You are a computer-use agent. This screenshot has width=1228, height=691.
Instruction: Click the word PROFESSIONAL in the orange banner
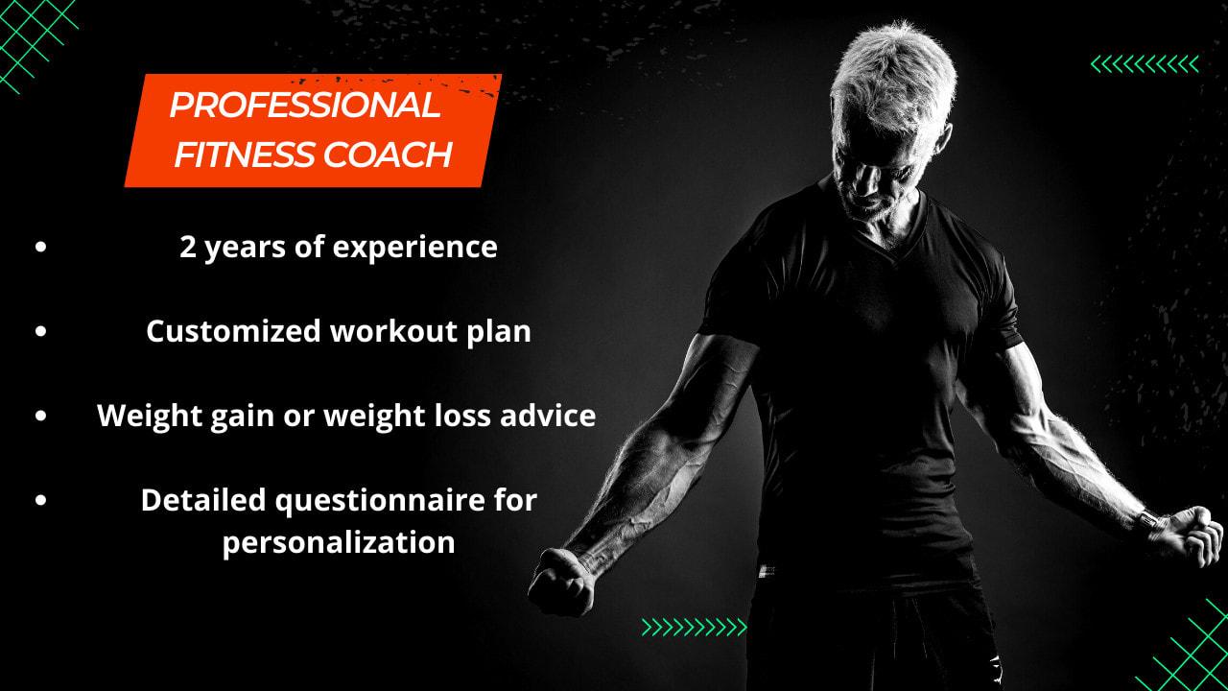point(304,106)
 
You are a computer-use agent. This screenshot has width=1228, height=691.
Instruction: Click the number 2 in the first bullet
point(187,248)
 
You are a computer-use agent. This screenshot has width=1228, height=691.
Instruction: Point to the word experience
point(414,248)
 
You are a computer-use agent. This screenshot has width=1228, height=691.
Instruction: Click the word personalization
point(339,542)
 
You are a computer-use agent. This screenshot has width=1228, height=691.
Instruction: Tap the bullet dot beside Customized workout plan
point(41,331)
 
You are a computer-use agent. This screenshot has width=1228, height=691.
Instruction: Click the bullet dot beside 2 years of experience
point(41,248)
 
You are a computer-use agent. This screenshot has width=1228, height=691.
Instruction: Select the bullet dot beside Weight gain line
point(41,416)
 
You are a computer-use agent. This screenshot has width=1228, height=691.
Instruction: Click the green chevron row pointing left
point(1145,64)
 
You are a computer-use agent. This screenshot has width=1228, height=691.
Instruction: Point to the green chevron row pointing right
point(694,628)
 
